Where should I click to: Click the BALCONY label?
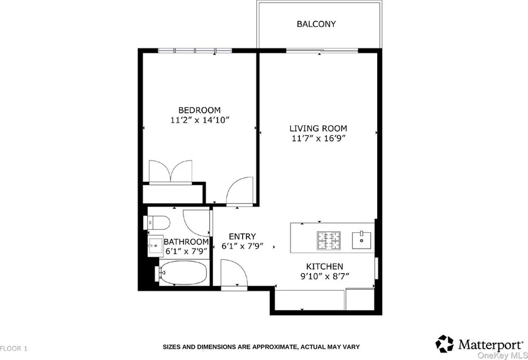coord(316,25)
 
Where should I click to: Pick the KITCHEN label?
coord(324,266)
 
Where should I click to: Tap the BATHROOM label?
coord(186,242)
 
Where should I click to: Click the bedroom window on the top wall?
coord(195,50)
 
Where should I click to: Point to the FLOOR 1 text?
coord(14,347)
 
